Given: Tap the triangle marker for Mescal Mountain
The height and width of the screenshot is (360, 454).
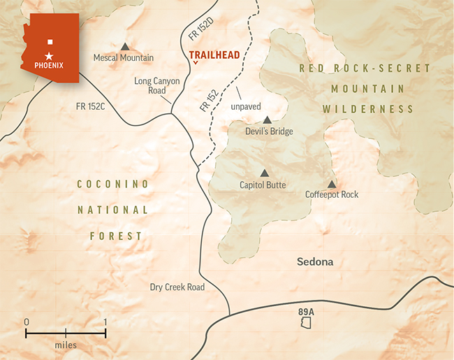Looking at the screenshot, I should [125, 45].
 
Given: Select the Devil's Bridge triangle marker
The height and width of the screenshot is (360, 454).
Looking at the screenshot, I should [267, 120].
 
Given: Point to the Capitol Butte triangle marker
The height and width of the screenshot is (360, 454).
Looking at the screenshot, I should [264, 173].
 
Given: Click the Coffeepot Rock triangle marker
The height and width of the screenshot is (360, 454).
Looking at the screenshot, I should [332, 183].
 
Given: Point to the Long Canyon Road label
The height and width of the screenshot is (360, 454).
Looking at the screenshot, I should [157, 86].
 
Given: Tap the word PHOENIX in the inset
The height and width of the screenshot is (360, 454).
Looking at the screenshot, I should [50, 66].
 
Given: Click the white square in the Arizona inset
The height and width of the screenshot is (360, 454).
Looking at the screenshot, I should [49, 41].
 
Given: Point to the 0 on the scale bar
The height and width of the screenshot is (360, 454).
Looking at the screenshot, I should [27, 322].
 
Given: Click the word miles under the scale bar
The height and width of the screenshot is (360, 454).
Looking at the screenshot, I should [66, 345].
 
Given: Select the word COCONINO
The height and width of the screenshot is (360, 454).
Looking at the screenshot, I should [113, 184].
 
